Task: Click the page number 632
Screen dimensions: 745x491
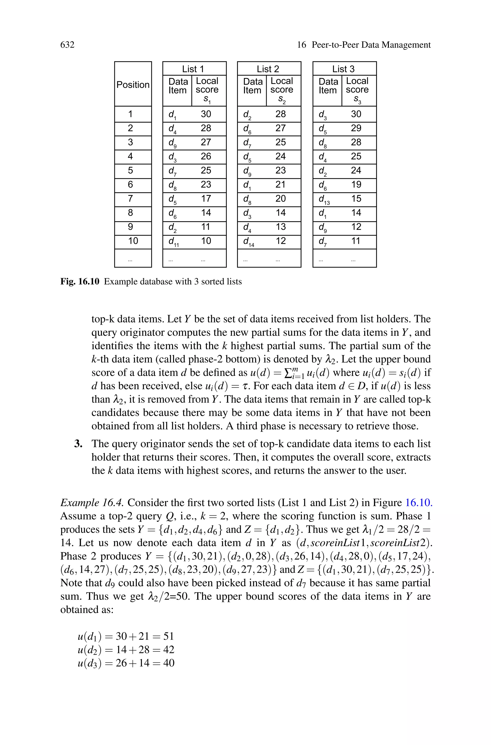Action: click(x=67, y=45)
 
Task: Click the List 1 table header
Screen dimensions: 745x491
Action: click(x=193, y=69)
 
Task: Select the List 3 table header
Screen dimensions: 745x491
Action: click(x=343, y=69)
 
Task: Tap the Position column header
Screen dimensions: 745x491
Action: click(x=133, y=85)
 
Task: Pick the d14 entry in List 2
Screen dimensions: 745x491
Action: click(x=248, y=242)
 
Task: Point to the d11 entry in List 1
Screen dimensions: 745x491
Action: click(x=173, y=242)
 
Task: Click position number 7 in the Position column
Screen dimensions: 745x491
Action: click(x=130, y=198)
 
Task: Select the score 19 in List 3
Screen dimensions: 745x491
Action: click(x=356, y=185)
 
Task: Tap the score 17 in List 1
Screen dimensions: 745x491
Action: click(x=206, y=198)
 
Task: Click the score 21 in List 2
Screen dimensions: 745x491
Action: click(x=281, y=185)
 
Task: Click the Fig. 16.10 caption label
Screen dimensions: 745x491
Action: click(x=80, y=281)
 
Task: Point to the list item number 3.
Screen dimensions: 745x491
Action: click(x=78, y=444)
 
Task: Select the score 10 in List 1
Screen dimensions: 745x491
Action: click(x=206, y=241)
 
